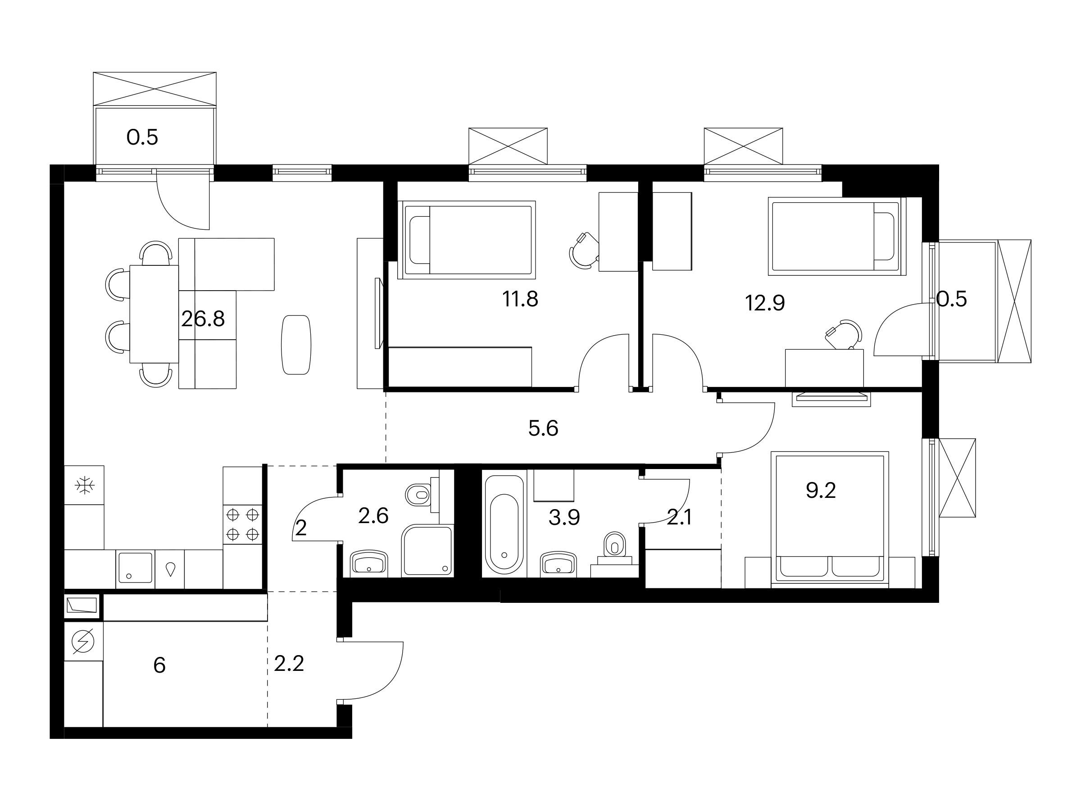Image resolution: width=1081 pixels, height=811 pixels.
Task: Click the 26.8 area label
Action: [x=203, y=319]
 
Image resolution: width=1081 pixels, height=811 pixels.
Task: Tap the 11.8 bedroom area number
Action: [x=521, y=299]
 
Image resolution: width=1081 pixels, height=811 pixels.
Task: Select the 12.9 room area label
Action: [x=765, y=303]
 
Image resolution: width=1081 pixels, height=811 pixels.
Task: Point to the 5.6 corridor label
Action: [x=544, y=429]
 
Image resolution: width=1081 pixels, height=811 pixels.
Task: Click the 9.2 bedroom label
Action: [x=821, y=490]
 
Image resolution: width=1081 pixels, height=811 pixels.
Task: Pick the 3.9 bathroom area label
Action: [x=564, y=517]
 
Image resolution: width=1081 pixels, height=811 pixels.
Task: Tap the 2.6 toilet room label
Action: [x=373, y=516]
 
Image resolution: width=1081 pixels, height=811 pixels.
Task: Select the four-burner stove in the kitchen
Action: [x=242, y=524]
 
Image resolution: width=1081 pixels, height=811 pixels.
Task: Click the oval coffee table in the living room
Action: [x=296, y=345]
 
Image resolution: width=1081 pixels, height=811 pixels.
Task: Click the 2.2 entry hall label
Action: [x=289, y=664]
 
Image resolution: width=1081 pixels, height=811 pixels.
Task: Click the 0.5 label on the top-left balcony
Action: [x=142, y=137]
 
